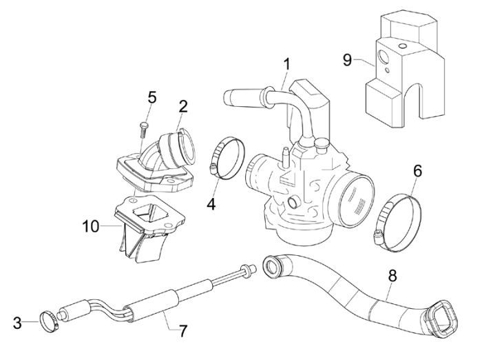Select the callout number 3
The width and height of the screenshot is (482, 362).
17,323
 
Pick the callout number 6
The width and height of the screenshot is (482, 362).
417,170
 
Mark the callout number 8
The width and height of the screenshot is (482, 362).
391,276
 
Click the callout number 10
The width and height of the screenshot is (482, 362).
91,225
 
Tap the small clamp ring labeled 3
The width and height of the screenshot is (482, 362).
48,319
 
